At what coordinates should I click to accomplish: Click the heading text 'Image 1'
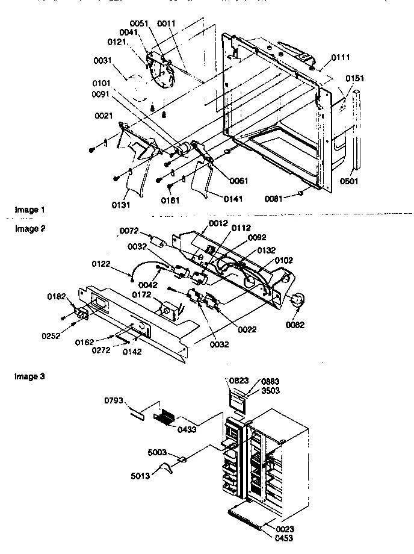coord(29,210)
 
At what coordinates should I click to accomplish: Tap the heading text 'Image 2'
coord(29,229)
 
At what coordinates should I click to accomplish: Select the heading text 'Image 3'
coord(29,376)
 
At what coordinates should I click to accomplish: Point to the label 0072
coord(129,231)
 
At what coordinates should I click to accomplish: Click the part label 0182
coord(57,297)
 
